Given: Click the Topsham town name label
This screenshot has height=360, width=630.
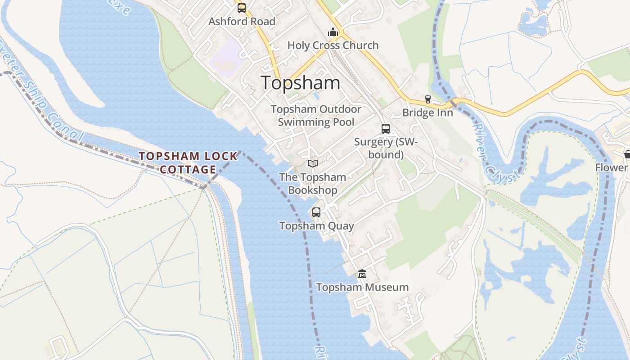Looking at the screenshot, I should click(x=300, y=83).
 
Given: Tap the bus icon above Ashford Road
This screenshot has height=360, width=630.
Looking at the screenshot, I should click(x=242, y=8).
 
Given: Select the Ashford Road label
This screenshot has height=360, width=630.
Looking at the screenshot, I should click(x=242, y=21).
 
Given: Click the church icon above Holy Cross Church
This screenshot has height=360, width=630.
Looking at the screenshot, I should click(x=333, y=32).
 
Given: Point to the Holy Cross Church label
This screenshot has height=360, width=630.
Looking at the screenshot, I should click(x=333, y=45).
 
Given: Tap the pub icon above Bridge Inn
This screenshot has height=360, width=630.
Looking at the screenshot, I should click(x=427, y=99).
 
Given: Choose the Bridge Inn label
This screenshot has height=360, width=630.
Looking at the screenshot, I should click(x=427, y=112).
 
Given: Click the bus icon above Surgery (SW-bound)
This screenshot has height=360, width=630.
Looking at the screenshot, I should click(x=386, y=129).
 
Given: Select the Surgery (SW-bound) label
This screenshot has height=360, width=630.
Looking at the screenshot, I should click(x=386, y=148).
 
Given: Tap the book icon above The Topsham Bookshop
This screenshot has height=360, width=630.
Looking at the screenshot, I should click(x=313, y=163).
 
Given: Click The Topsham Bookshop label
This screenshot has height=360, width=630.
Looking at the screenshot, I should click(x=313, y=184).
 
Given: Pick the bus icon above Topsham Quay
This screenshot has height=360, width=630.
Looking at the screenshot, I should click(x=316, y=212).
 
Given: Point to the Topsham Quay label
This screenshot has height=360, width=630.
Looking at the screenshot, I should click(x=316, y=226).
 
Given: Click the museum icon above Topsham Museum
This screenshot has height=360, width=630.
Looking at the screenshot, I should click(x=362, y=274).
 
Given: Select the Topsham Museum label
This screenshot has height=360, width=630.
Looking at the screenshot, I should click(x=362, y=287).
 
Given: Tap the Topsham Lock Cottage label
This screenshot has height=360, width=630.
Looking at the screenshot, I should click(x=188, y=162).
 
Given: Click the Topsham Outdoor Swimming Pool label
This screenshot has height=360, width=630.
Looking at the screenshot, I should click(x=316, y=116).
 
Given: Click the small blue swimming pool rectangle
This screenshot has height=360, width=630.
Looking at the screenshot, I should click(x=316, y=96).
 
